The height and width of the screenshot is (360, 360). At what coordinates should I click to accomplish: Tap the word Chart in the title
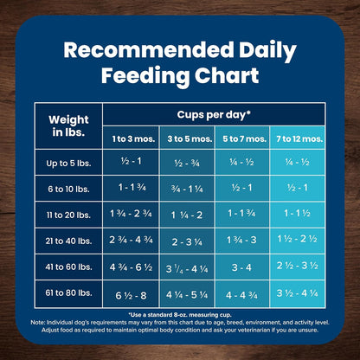tap(221, 75)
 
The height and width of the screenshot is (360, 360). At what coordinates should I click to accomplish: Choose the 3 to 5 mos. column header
tap(188, 138)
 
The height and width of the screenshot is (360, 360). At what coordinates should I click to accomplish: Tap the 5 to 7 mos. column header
tap(244, 138)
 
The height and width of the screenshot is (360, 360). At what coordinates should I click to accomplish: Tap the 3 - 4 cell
tap(244, 267)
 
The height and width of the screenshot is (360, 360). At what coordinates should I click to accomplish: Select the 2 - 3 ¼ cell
tap(188, 241)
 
